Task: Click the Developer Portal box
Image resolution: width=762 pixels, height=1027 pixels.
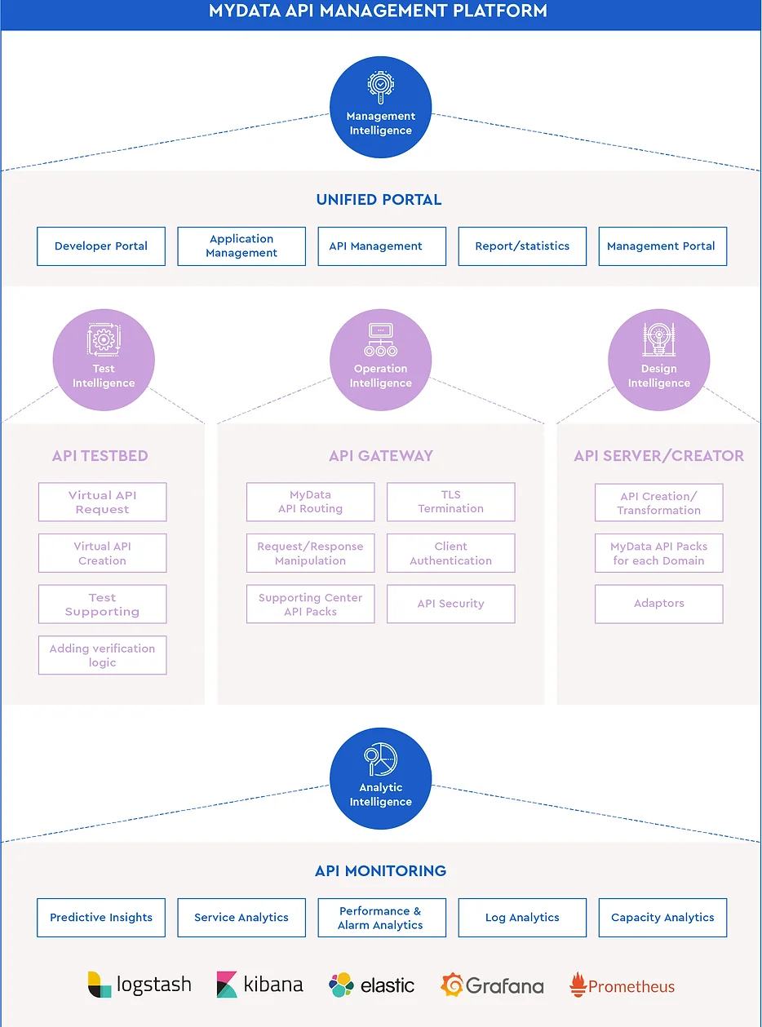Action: (101, 246)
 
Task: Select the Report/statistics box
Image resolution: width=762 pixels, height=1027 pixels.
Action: (522, 246)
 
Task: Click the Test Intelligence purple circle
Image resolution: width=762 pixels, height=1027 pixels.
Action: (104, 360)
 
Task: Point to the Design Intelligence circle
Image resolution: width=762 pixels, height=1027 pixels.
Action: (658, 360)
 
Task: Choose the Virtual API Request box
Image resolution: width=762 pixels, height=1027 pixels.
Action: (102, 502)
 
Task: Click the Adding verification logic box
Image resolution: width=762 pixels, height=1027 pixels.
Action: (102, 655)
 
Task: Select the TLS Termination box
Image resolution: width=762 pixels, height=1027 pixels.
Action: (450, 502)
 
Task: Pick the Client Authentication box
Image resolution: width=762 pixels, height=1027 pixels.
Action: (450, 553)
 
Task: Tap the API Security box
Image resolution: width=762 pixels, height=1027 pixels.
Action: (450, 604)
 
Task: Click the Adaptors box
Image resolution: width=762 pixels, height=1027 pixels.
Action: (658, 604)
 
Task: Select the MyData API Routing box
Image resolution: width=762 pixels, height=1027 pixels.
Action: (310, 502)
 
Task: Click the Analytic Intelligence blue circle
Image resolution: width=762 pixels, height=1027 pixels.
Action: (380, 778)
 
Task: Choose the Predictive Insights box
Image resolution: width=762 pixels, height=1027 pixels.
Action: (101, 918)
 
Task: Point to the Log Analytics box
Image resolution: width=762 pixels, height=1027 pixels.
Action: (522, 918)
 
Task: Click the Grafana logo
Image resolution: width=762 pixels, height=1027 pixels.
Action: (492, 985)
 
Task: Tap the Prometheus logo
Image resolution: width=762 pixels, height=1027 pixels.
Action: (622, 985)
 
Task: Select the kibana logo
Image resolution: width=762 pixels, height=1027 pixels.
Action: (259, 985)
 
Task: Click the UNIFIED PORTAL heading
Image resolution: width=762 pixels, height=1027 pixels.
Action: (379, 200)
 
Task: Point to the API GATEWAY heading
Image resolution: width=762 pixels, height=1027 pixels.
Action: (380, 456)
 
